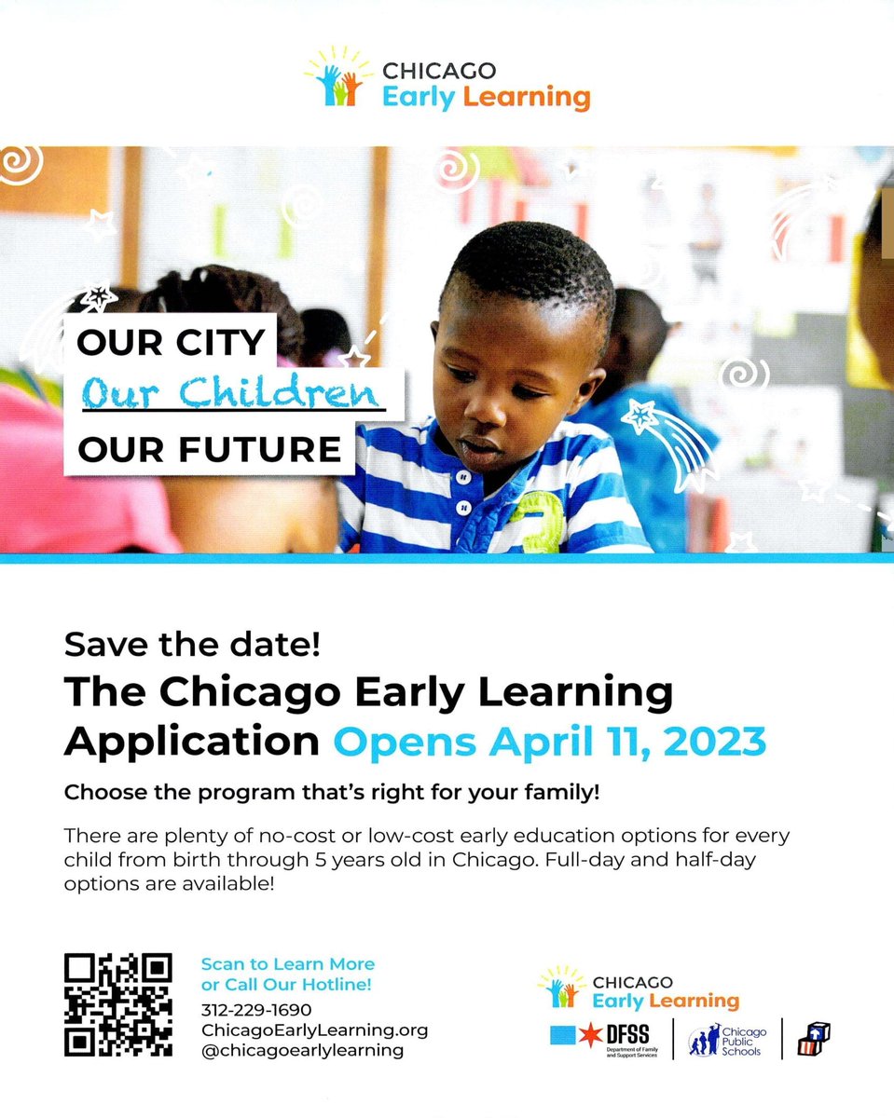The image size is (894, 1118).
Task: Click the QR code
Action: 117,1005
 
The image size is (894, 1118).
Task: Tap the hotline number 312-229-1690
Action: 256,1010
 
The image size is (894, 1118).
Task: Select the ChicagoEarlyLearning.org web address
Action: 314,1029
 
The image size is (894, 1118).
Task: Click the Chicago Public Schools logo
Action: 726,1038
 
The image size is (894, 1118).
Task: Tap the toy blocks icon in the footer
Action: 813,1037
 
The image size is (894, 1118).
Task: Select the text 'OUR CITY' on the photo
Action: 172,343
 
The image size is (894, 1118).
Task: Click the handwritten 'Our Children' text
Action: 233,394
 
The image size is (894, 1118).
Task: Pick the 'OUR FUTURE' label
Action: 209,450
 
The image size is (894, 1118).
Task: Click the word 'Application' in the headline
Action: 191,741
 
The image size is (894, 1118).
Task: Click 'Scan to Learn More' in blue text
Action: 287,964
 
